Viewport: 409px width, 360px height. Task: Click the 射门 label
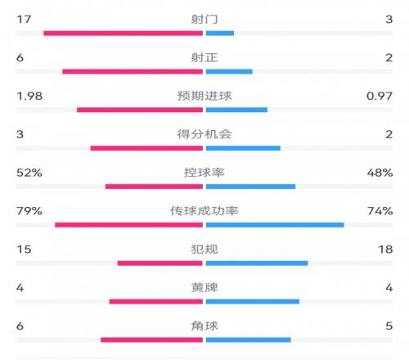[x=204, y=20]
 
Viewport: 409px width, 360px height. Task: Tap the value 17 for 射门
[x=24, y=20]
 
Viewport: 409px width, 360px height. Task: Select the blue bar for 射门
[x=220, y=34]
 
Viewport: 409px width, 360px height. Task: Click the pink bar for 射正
[x=133, y=71]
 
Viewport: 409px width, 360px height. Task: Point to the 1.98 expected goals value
[x=29, y=96]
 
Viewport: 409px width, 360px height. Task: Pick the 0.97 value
[x=380, y=96]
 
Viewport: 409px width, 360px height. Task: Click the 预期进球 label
[x=204, y=96]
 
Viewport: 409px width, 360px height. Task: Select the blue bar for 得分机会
[x=243, y=148]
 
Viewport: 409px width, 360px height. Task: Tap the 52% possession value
[x=29, y=173]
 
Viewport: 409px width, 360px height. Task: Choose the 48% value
[x=380, y=173]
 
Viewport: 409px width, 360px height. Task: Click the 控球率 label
[x=204, y=173]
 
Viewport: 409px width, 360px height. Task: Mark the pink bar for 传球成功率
[x=129, y=225]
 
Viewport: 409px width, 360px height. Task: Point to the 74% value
[x=380, y=211]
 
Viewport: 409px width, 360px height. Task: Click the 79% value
[x=29, y=211]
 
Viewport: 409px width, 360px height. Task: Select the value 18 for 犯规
[x=385, y=250]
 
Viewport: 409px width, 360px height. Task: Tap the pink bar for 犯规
[x=160, y=263]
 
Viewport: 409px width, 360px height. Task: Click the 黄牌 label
[x=204, y=288]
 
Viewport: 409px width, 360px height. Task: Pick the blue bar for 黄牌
[x=253, y=301]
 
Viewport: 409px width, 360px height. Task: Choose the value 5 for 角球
[x=389, y=326]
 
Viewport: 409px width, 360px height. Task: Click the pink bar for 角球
[x=152, y=340]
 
